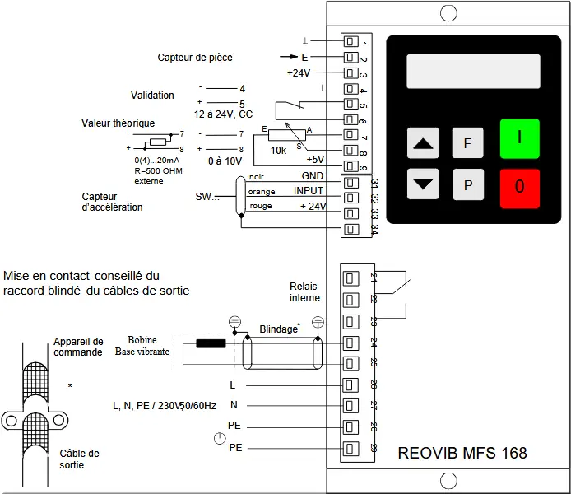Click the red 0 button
519,187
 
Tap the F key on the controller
467,142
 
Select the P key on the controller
467,185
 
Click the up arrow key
424,143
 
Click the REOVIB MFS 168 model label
462,453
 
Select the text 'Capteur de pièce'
195,58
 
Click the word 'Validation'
152,96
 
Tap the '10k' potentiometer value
278,151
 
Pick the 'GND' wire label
312,176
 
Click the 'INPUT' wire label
309,191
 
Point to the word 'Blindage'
278,329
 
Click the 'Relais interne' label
304,291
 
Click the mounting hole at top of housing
448,13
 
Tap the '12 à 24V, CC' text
223,114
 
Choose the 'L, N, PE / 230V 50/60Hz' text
164,405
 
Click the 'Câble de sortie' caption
79,459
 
